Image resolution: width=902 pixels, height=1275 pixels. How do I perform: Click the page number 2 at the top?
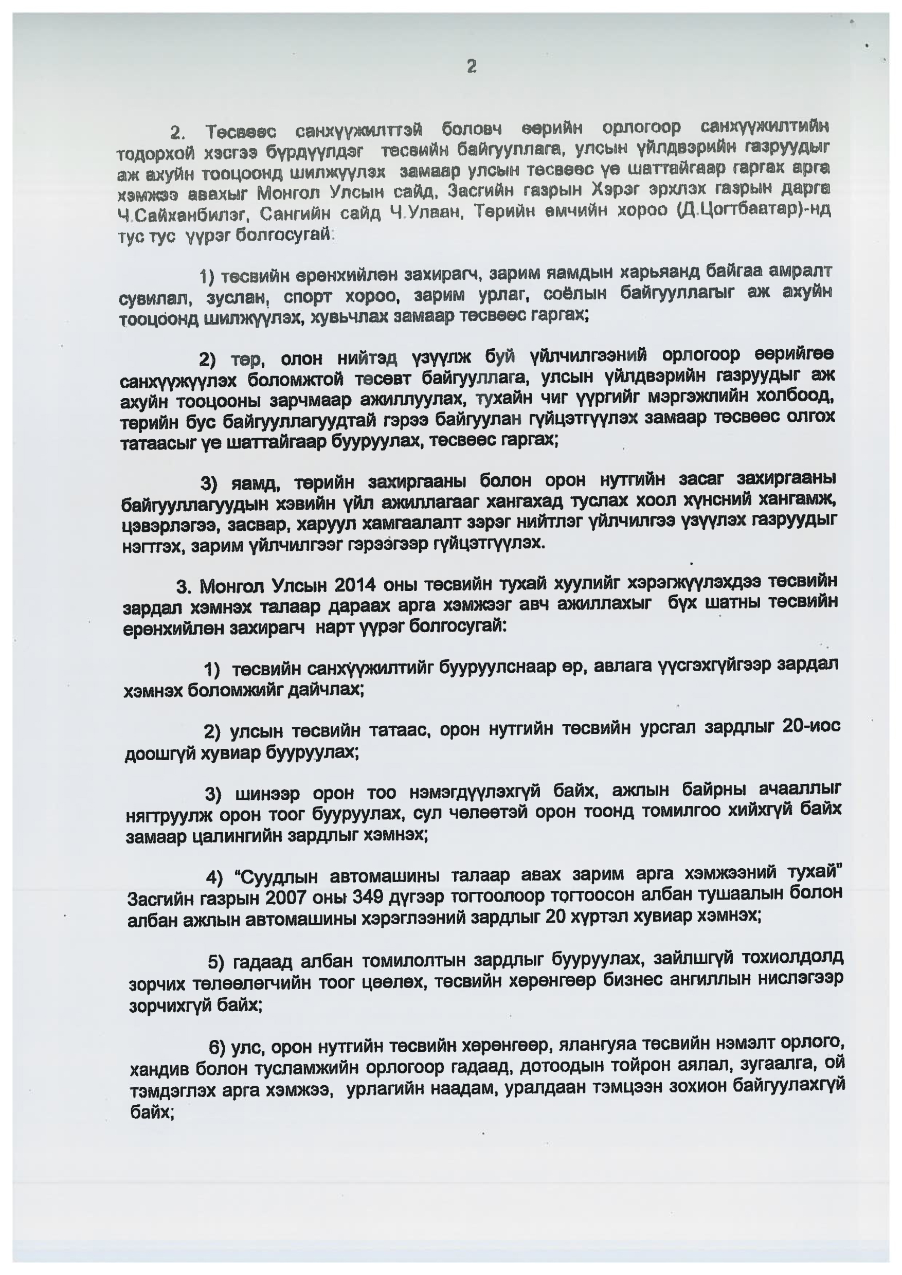tap(472, 67)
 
